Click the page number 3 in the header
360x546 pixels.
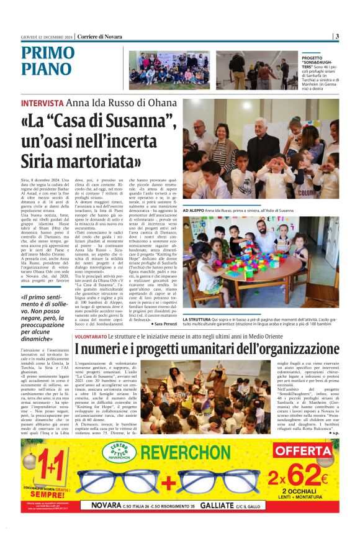coord(337,36)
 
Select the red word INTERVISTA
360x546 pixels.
coord(42,103)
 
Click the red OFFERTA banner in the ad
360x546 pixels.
coord(303,451)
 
